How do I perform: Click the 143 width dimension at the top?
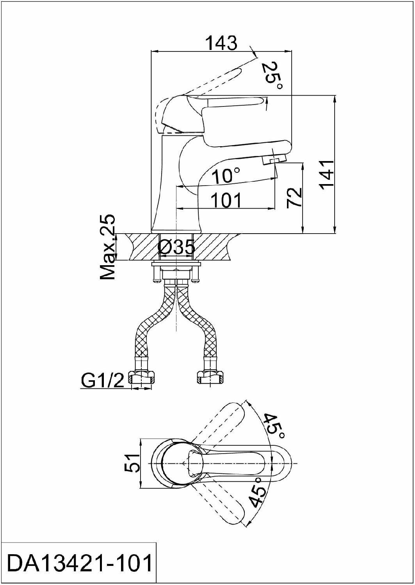(x=221, y=43)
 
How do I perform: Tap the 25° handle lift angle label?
(x=273, y=75)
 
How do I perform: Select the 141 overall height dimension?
(x=327, y=174)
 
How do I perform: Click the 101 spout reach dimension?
(x=226, y=200)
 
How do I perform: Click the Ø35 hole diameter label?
(x=177, y=247)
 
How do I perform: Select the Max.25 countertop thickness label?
(x=108, y=247)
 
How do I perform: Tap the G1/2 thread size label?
(x=102, y=380)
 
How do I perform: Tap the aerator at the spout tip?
(x=275, y=160)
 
